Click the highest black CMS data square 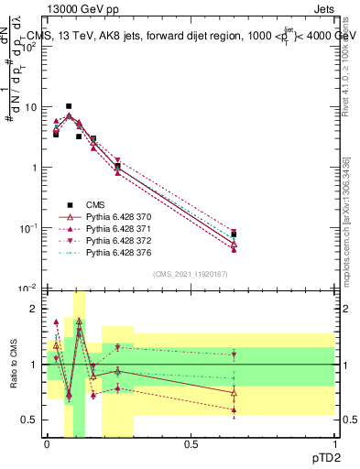pos(69,106)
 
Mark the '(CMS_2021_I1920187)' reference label pos(190,274)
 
